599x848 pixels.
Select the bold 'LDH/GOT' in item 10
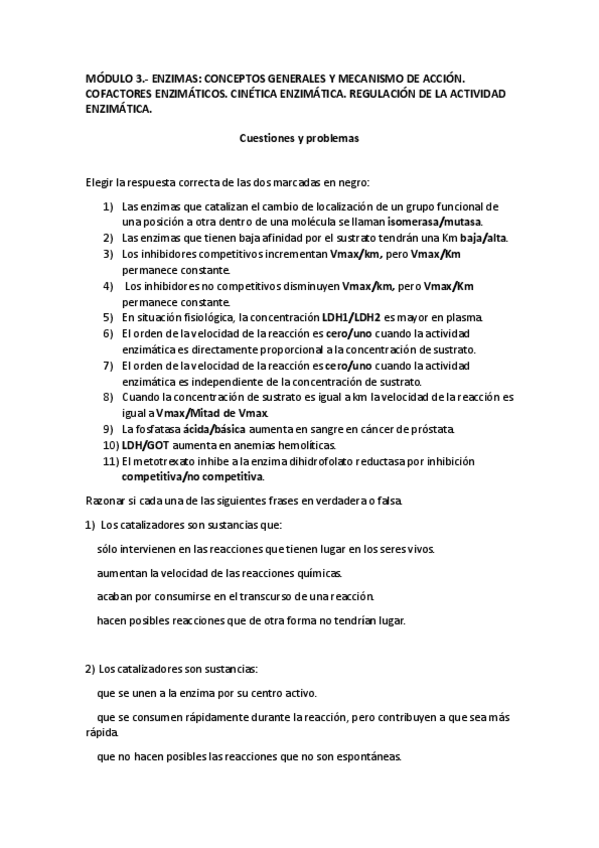coord(143,444)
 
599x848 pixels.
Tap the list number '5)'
coord(109,316)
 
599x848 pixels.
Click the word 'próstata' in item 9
coord(432,429)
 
